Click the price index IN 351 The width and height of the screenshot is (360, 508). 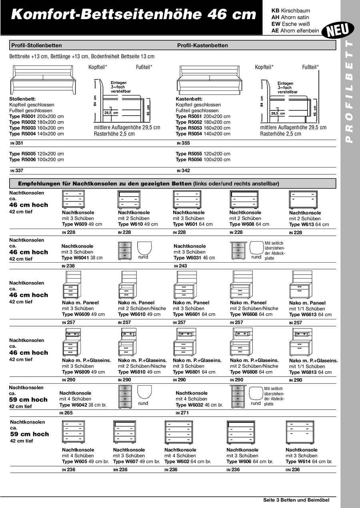click(17, 142)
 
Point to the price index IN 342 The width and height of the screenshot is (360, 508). click(183, 171)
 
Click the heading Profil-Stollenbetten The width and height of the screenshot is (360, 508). click(36, 46)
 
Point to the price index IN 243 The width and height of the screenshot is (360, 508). click(180, 266)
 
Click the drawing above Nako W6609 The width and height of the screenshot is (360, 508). click(74, 284)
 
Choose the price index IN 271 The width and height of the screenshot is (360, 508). click(182, 413)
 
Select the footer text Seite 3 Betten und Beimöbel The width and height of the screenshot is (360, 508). click(296, 500)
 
